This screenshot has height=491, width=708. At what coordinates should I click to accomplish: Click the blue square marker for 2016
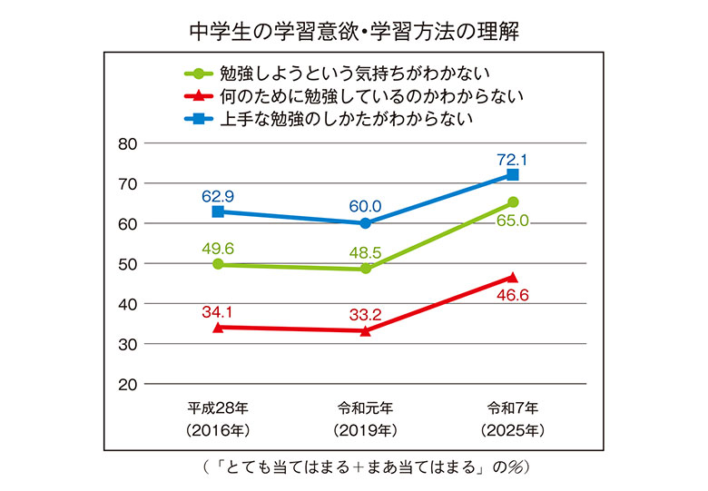point(218,211)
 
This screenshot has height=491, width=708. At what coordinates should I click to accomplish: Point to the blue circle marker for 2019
point(365,222)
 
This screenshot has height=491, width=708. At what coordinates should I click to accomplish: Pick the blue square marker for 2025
point(513,174)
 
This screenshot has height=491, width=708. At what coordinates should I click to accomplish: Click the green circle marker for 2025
point(513,202)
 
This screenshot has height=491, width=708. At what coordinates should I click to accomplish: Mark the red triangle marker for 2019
point(365,331)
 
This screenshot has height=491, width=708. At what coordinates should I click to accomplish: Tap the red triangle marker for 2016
point(218,327)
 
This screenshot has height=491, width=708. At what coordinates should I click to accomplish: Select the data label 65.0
point(512,220)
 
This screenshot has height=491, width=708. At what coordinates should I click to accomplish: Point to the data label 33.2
point(365,314)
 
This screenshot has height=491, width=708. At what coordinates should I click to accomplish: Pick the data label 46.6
point(512,296)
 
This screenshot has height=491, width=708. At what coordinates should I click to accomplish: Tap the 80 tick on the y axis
point(127,143)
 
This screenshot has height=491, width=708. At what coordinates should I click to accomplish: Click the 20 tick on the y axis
point(127,384)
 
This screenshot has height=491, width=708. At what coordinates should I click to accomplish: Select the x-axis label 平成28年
point(218,407)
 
